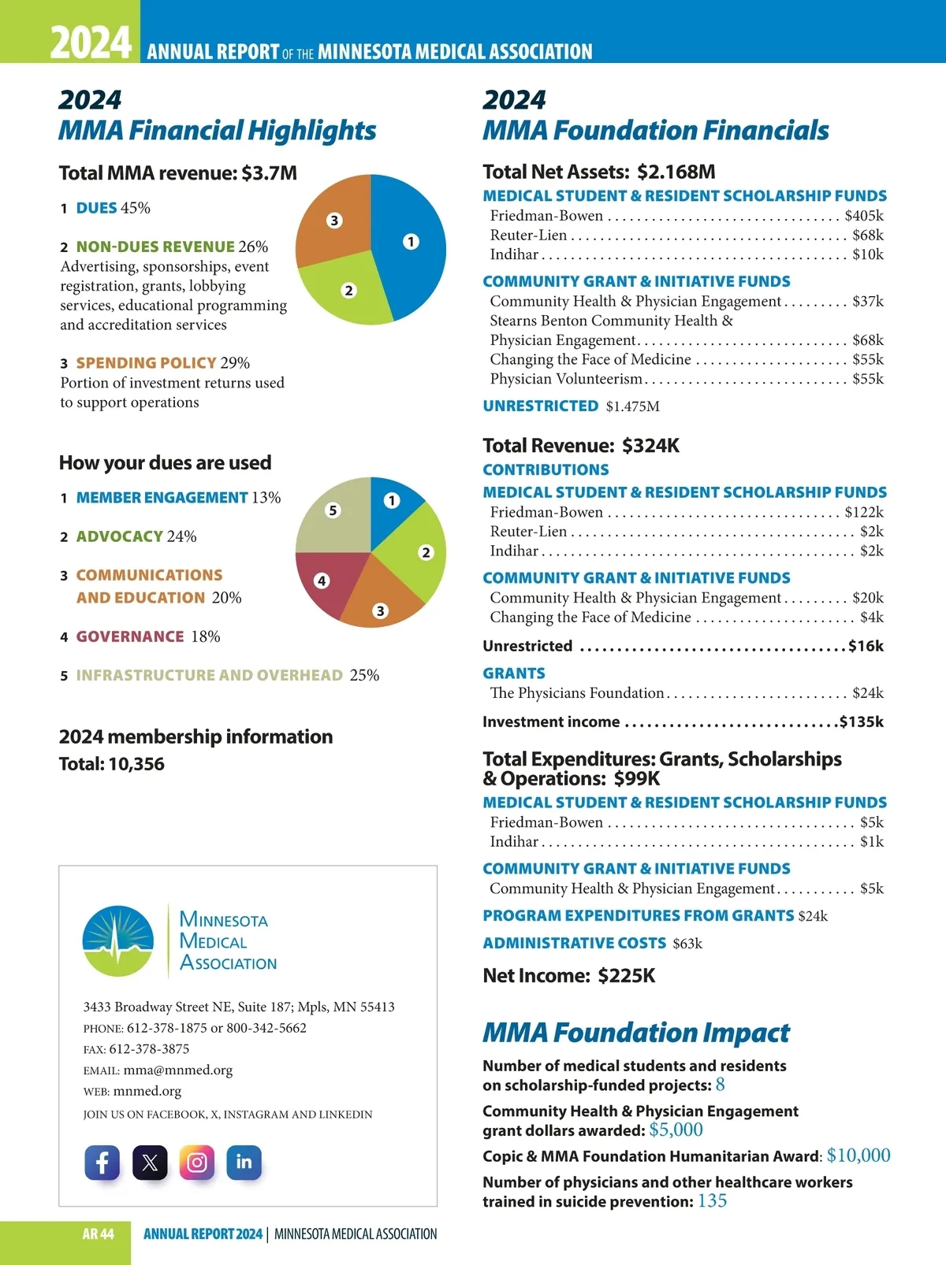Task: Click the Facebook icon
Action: tap(102, 1163)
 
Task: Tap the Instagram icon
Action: tap(197, 1163)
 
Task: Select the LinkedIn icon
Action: tap(244, 1163)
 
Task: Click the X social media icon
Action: tap(150, 1163)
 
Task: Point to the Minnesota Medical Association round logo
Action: tap(118, 941)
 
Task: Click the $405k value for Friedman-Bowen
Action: tap(864, 216)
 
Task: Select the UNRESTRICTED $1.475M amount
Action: tap(632, 406)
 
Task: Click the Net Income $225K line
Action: tap(568, 976)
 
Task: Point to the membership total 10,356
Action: tap(137, 764)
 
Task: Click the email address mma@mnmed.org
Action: tap(178, 1070)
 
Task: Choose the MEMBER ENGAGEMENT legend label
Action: tap(162, 498)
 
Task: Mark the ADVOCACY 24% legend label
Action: tap(136, 536)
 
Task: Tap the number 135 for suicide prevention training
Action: tap(712, 1201)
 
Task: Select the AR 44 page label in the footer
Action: tap(98, 1234)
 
